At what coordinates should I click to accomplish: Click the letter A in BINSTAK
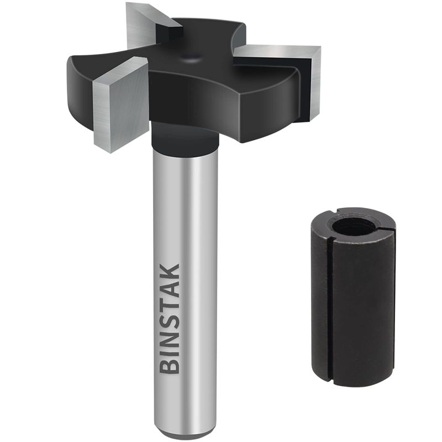coord(171,287)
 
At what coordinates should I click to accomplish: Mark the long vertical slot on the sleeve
coord(330,309)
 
